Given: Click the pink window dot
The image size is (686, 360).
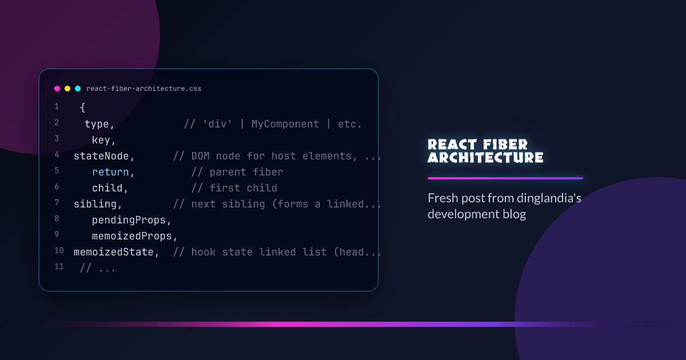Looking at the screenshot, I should click(x=57, y=89).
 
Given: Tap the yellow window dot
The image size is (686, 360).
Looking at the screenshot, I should click(x=67, y=89).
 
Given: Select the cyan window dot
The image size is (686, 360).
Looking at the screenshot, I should click(x=78, y=89).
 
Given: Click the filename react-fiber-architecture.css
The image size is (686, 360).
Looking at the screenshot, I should click(x=143, y=89).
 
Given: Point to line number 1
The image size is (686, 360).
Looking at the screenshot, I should click(x=57, y=107).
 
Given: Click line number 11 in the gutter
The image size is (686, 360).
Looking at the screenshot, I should click(x=59, y=266).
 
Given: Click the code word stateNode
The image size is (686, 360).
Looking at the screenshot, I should click(x=103, y=156).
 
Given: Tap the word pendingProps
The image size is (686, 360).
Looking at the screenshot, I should click(x=131, y=220).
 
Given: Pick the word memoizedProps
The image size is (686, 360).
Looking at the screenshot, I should click(x=134, y=236).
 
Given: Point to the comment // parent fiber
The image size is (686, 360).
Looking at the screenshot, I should click(x=237, y=172).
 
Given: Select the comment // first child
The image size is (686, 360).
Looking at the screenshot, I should click(x=234, y=188).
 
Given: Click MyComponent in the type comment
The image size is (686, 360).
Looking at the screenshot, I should click(x=285, y=124).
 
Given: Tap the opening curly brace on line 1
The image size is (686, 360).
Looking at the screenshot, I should click(x=82, y=107).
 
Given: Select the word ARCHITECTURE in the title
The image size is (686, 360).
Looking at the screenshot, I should click(x=485, y=158).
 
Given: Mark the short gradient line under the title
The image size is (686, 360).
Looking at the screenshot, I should click(x=505, y=178).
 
